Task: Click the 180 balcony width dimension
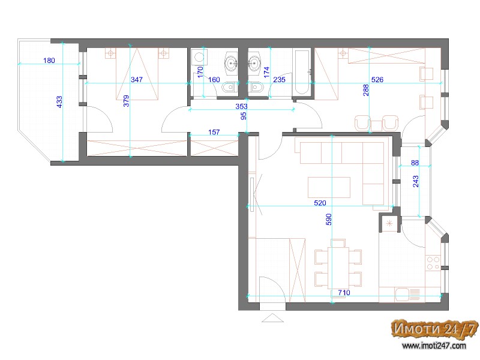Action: pos(49,61)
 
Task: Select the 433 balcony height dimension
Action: pos(59,102)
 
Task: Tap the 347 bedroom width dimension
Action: pos(137,80)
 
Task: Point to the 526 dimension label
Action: pos(377,80)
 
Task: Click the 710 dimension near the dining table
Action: pos(344,293)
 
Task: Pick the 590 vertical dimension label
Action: pos(328,220)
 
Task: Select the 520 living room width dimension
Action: pos(320,203)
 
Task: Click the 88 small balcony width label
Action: pos(415,163)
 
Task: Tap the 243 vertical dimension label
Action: pos(415,181)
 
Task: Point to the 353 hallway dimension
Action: pos(241,106)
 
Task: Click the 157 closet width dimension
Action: pos(214,132)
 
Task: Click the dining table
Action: pos(338,268)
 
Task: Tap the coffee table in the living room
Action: pos(329,187)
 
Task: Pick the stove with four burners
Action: pos(433,263)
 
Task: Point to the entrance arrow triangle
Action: pos(272,318)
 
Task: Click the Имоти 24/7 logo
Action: pos(434,329)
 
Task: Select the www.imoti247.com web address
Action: pos(434,346)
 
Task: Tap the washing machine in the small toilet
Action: pos(199,57)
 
